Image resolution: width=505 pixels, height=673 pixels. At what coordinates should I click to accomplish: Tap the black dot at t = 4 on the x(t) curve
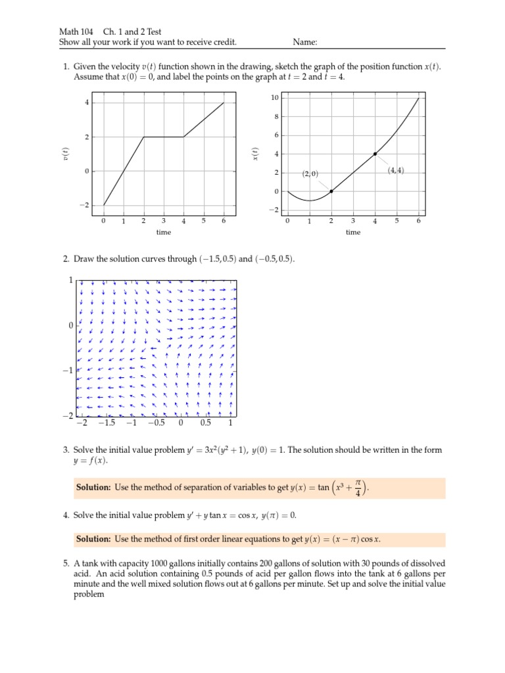coord(375,154)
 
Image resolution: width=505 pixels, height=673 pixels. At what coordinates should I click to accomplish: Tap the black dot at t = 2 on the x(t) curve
coord(331,191)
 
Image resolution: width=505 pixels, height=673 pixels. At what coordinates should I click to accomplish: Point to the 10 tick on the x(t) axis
coord(276,98)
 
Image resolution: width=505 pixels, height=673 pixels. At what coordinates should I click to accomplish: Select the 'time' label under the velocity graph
coord(164,232)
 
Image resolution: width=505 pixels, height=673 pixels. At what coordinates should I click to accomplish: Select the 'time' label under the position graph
coord(353,232)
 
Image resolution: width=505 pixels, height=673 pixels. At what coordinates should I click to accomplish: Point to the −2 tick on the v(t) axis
coord(84,205)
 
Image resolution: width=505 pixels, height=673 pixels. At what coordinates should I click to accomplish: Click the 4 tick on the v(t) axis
coord(85,103)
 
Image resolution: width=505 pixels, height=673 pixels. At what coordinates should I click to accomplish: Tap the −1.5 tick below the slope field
coord(106,424)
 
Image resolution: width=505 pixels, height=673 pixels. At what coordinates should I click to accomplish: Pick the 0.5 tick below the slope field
coord(206,424)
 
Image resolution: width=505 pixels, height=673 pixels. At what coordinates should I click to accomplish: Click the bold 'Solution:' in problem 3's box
coord(94,487)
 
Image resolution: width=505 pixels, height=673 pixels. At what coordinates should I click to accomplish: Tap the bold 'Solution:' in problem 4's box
coord(94,539)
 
